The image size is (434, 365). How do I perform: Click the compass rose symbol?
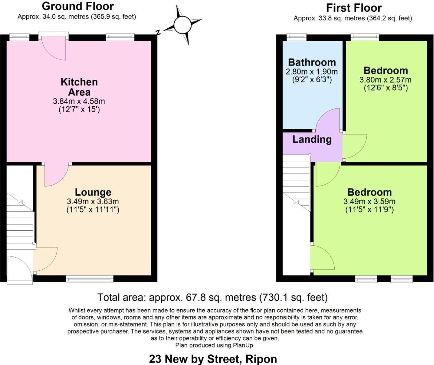pos(182,25)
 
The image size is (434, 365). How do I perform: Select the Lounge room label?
pos(93,192)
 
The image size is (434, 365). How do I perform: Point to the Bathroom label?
pos(312,62)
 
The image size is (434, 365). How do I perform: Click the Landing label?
pos(312,139)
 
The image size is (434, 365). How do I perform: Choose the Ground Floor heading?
pos(78,6)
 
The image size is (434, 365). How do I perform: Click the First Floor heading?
pos(354,8)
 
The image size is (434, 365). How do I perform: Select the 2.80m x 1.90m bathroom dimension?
pos(312,72)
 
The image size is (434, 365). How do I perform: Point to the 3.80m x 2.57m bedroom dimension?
pos(386,80)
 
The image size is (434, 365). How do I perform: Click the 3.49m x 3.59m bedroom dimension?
pos(370,202)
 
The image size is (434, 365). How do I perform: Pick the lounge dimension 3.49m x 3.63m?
pos(93,202)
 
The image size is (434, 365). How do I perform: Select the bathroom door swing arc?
pos(327,120)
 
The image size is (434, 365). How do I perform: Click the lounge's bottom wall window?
pos(90,279)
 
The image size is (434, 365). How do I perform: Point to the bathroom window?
pos(296,37)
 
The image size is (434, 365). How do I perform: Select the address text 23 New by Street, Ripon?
pos(213,359)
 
